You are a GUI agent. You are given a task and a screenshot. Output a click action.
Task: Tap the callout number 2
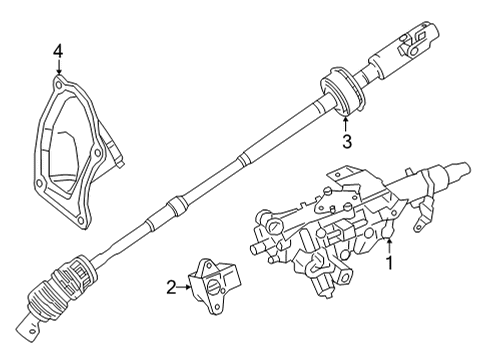pyautogui.click(x=171, y=289)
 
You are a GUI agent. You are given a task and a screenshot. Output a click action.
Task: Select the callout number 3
pyautogui.click(x=346, y=141)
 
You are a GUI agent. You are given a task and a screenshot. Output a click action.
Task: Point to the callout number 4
pyautogui.click(x=58, y=49)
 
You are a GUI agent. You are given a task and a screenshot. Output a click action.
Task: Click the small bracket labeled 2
pyautogui.click(x=214, y=285)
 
